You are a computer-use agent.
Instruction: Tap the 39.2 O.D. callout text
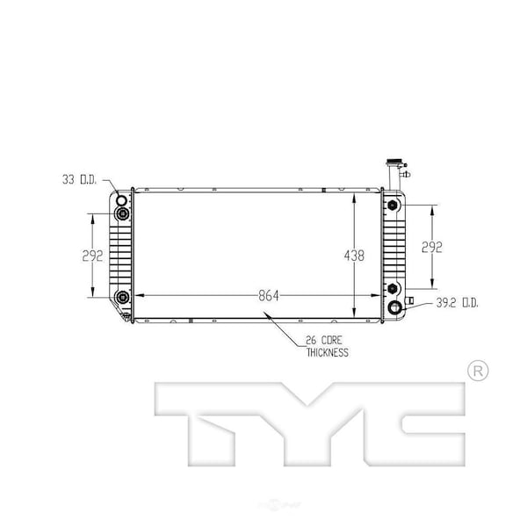457,304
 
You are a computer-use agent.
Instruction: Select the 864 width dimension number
269,296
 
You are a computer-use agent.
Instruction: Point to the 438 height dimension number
355,255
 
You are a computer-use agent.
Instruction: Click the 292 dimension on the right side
431,247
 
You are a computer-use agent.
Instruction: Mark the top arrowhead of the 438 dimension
355,196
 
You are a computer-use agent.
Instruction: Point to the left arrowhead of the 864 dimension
138,296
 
